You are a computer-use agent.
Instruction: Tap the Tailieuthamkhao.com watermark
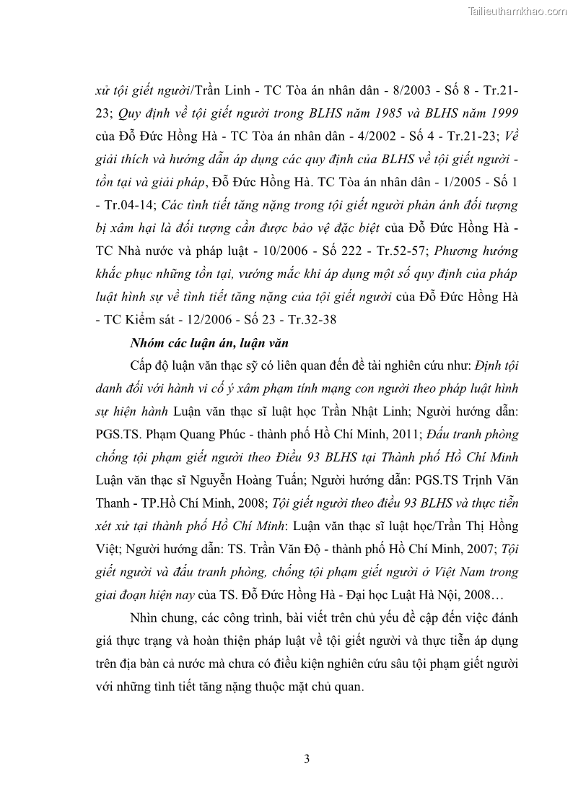coord(517,11)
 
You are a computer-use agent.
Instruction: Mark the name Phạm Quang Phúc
coord(197,434)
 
